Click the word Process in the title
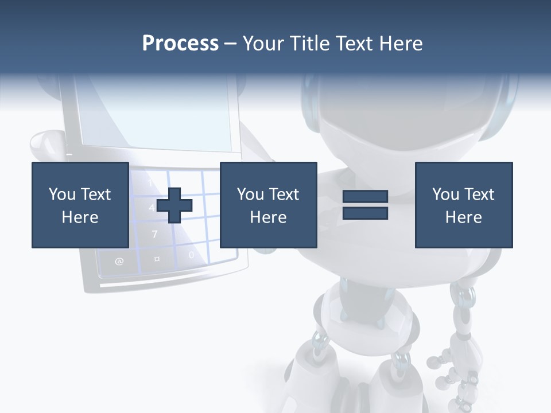(180, 44)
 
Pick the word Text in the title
(351, 44)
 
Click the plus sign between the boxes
(174, 205)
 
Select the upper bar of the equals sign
(365, 197)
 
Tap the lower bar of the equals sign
(365, 213)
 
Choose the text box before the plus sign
(80, 205)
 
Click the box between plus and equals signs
(268, 205)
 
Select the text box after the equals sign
(463, 205)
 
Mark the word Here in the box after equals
(463, 217)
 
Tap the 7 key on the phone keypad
(154, 234)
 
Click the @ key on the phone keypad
(119, 262)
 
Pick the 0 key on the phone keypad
(191, 255)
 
